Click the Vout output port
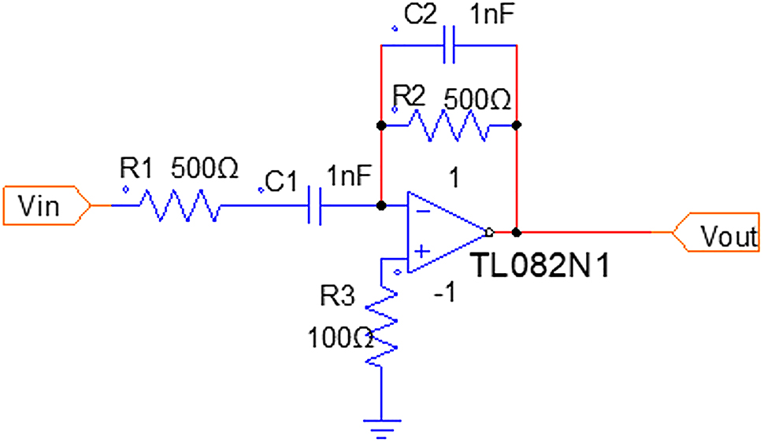click(x=717, y=233)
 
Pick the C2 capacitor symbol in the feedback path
click(x=449, y=46)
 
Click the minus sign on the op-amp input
click(x=422, y=212)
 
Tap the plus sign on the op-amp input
click(x=422, y=251)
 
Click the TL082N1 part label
click(x=541, y=266)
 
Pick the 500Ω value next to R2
click(x=477, y=100)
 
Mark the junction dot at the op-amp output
click(x=517, y=233)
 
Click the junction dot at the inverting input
click(x=381, y=206)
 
